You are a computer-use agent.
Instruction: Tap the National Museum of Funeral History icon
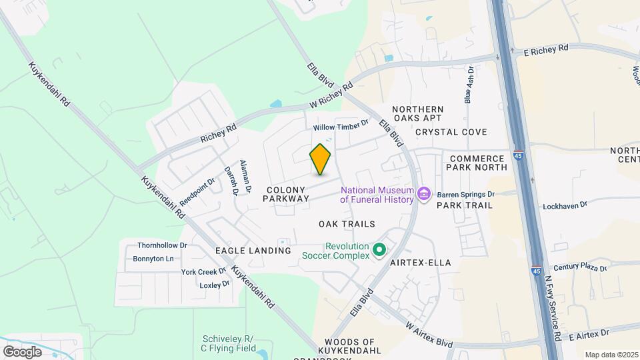(x=423, y=195)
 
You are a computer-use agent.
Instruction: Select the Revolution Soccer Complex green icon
(x=379, y=251)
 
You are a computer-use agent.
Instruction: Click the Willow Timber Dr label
(x=341, y=125)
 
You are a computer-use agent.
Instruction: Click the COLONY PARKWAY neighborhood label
(x=287, y=194)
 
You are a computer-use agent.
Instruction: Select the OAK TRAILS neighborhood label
(x=347, y=224)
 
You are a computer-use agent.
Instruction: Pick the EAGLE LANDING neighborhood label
(x=253, y=251)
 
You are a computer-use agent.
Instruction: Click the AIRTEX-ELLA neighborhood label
(x=421, y=263)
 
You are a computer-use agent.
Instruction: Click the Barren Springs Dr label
(x=466, y=195)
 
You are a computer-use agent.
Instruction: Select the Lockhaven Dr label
(x=564, y=206)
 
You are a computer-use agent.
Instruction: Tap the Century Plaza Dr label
(x=580, y=267)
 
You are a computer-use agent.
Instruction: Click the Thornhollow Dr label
(x=162, y=245)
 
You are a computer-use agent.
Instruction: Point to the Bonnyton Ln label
(x=153, y=259)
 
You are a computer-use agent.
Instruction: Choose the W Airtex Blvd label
(x=429, y=334)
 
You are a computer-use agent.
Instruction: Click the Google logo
(x=22, y=351)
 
